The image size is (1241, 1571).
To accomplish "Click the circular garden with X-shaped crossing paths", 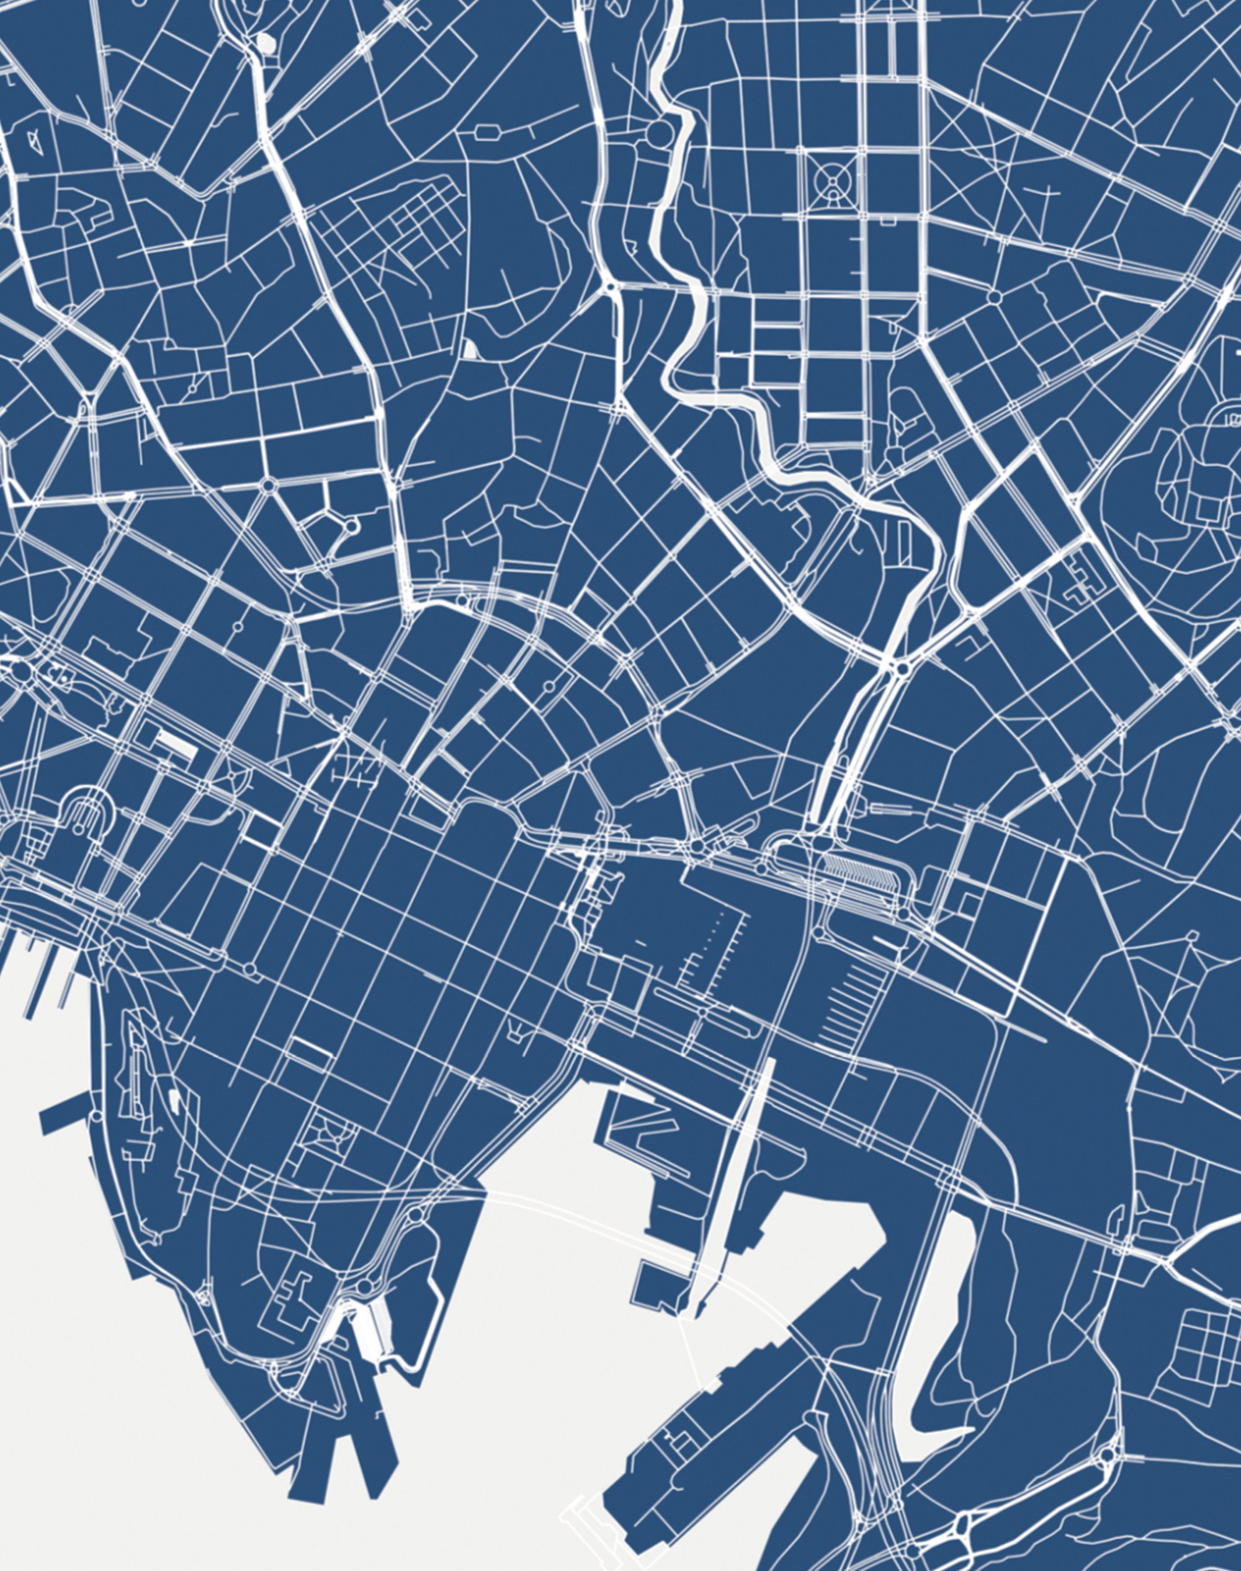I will [829, 178].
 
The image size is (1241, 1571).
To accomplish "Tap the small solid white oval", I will [267, 43].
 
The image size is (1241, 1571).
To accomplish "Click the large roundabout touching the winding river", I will [660, 133].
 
